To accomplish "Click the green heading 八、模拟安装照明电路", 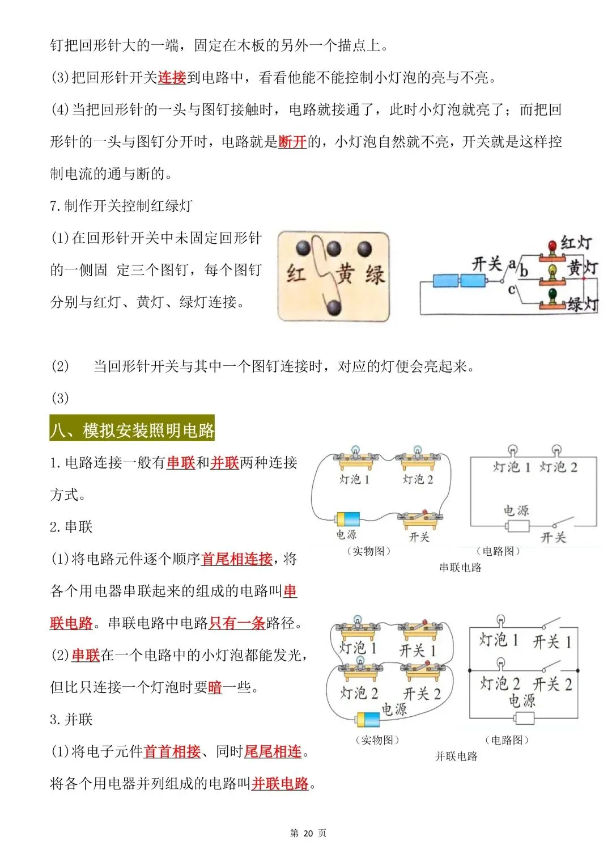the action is pyautogui.click(x=132, y=430).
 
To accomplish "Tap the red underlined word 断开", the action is pyautogui.click(x=292, y=142).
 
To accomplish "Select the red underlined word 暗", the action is pyautogui.click(x=215, y=687).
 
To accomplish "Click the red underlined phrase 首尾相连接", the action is pyautogui.click(x=237, y=559).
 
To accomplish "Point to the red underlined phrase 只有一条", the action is pyautogui.click(x=237, y=623).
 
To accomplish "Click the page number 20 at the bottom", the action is pyautogui.click(x=308, y=833).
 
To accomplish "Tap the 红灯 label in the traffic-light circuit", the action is pyautogui.click(x=576, y=243).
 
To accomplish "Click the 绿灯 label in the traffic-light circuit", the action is pyautogui.click(x=583, y=305).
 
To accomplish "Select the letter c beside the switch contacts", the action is pyautogui.click(x=512, y=290).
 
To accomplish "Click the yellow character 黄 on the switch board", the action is pyautogui.click(x=345, y=274).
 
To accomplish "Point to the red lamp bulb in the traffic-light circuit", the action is pyautogui.click(x=552, y=246).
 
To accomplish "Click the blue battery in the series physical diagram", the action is pyautogui.click(x=348, y=519).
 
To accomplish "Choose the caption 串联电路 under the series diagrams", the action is pyautogui.click(x=460, y=568).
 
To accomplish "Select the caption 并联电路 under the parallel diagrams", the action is pyautogui.click(x=456, y=757).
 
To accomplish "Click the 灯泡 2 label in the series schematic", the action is pyautogui.click(x=558, y=467).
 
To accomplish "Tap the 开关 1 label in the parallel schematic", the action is pyautogui.click(x=552, y=642).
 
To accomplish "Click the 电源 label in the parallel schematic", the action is pyautogui.click(x=522, y=701).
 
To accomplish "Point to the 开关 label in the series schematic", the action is pyautogui.click(x=553, y=537).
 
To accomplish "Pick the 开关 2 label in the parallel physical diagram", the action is pyautogui.click(x=422, y=694).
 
